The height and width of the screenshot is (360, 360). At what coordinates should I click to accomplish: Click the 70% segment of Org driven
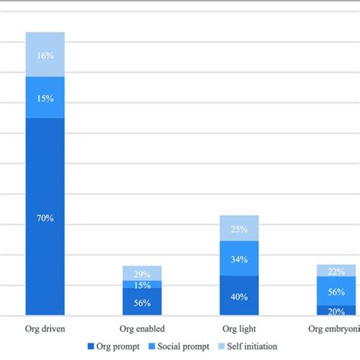[x=45, y=216]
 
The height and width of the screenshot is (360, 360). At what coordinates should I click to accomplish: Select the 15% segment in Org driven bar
[x=45, y=97]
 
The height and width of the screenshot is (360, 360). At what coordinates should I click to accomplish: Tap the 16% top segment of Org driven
[x=45, y=55]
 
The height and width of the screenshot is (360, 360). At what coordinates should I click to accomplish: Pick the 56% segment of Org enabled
[x=142, y=302]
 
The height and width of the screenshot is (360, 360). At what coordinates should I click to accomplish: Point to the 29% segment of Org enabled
[x=142, y=273]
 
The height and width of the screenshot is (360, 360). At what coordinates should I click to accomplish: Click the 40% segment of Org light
[x=239, y=295]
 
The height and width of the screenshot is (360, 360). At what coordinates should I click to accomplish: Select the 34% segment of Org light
[x=239, y=258]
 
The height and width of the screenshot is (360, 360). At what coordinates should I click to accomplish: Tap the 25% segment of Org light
[x=239, y=229]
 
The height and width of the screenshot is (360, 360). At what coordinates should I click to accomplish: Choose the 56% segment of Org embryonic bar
[x=336, y=291]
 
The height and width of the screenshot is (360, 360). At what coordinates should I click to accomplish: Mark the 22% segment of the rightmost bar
[x=336, y=270]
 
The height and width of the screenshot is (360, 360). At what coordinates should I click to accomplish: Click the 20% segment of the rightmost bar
[x=336, y=310]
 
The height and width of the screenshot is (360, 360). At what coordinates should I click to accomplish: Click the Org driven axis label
[x=45, y=329]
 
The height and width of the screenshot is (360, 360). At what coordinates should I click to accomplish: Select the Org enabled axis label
[x=142, y=329]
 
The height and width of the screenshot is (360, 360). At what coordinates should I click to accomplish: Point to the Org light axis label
[x=239, y=329]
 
